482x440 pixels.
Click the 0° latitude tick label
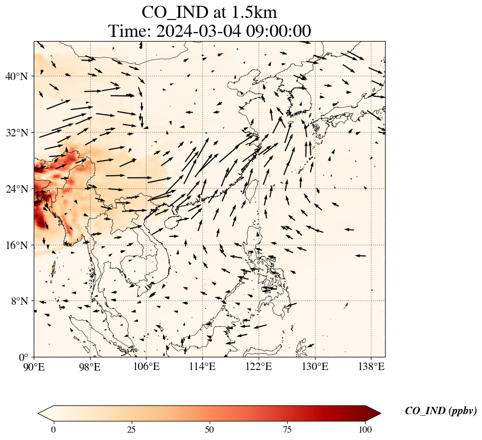(x=24, y=357)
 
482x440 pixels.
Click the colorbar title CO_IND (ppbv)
(x=441, y=411)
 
